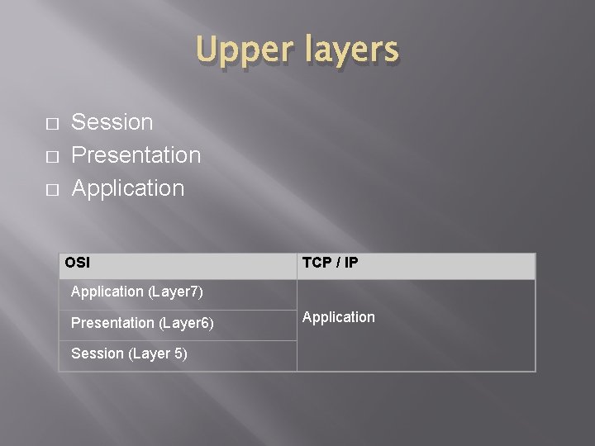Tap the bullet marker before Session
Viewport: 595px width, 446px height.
52,124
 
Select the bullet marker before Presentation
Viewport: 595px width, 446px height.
52,157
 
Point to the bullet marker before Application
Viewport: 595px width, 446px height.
52,190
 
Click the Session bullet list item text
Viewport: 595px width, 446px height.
112,122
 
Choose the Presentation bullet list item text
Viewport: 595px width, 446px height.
136,155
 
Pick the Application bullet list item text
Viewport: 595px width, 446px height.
128,188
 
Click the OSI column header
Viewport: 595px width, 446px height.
78,263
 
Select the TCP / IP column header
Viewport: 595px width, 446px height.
330,263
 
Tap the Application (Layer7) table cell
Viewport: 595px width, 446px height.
137,292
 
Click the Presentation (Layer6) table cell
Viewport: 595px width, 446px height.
142,323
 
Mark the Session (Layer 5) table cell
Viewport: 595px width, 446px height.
129,353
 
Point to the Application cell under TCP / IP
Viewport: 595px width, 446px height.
339,317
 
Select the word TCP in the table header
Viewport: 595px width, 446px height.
316,263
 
